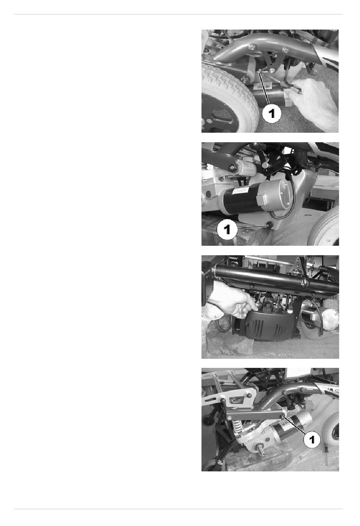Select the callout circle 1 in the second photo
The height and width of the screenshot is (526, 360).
pos(227,230)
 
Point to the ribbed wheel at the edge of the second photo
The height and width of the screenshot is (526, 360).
pos(324,227)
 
